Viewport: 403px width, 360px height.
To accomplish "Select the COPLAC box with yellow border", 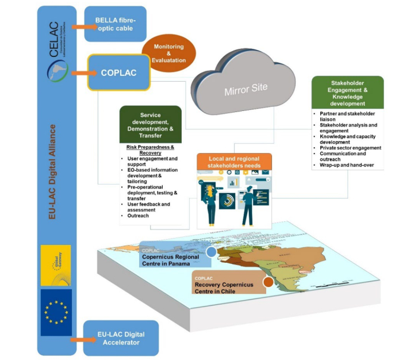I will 118,73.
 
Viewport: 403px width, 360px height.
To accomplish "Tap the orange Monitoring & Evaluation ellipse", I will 167,52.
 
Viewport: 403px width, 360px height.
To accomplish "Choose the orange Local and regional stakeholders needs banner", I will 233,162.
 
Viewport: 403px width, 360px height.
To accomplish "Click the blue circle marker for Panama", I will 211,252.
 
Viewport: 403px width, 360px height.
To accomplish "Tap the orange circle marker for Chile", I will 268,282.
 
